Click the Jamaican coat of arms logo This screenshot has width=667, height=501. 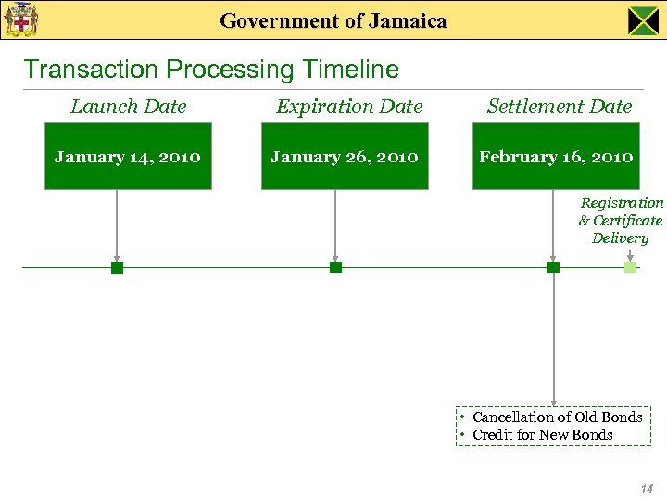point(20,19)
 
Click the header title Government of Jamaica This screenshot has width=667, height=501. point(333,20)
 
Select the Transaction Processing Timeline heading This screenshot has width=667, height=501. point(211,70)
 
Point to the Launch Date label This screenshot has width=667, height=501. point(129,107)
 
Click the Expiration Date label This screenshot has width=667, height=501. point(349,107)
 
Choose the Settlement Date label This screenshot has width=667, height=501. point(560,107)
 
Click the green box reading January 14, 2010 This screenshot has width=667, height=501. point(128,156)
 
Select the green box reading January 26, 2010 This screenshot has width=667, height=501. point(345,156)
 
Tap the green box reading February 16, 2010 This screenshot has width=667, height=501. point(556,156)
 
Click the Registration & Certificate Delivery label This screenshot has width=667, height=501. point(621,220)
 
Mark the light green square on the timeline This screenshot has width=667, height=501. point(630,267)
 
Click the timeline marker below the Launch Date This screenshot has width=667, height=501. point(117,267)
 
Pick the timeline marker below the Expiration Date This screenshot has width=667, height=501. point(335,267)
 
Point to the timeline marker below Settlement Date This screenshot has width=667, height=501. point(554,267)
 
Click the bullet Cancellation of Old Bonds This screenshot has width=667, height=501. point(557,417)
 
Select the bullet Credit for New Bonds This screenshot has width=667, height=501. point(542,435)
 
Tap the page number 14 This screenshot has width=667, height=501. point(646,488)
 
